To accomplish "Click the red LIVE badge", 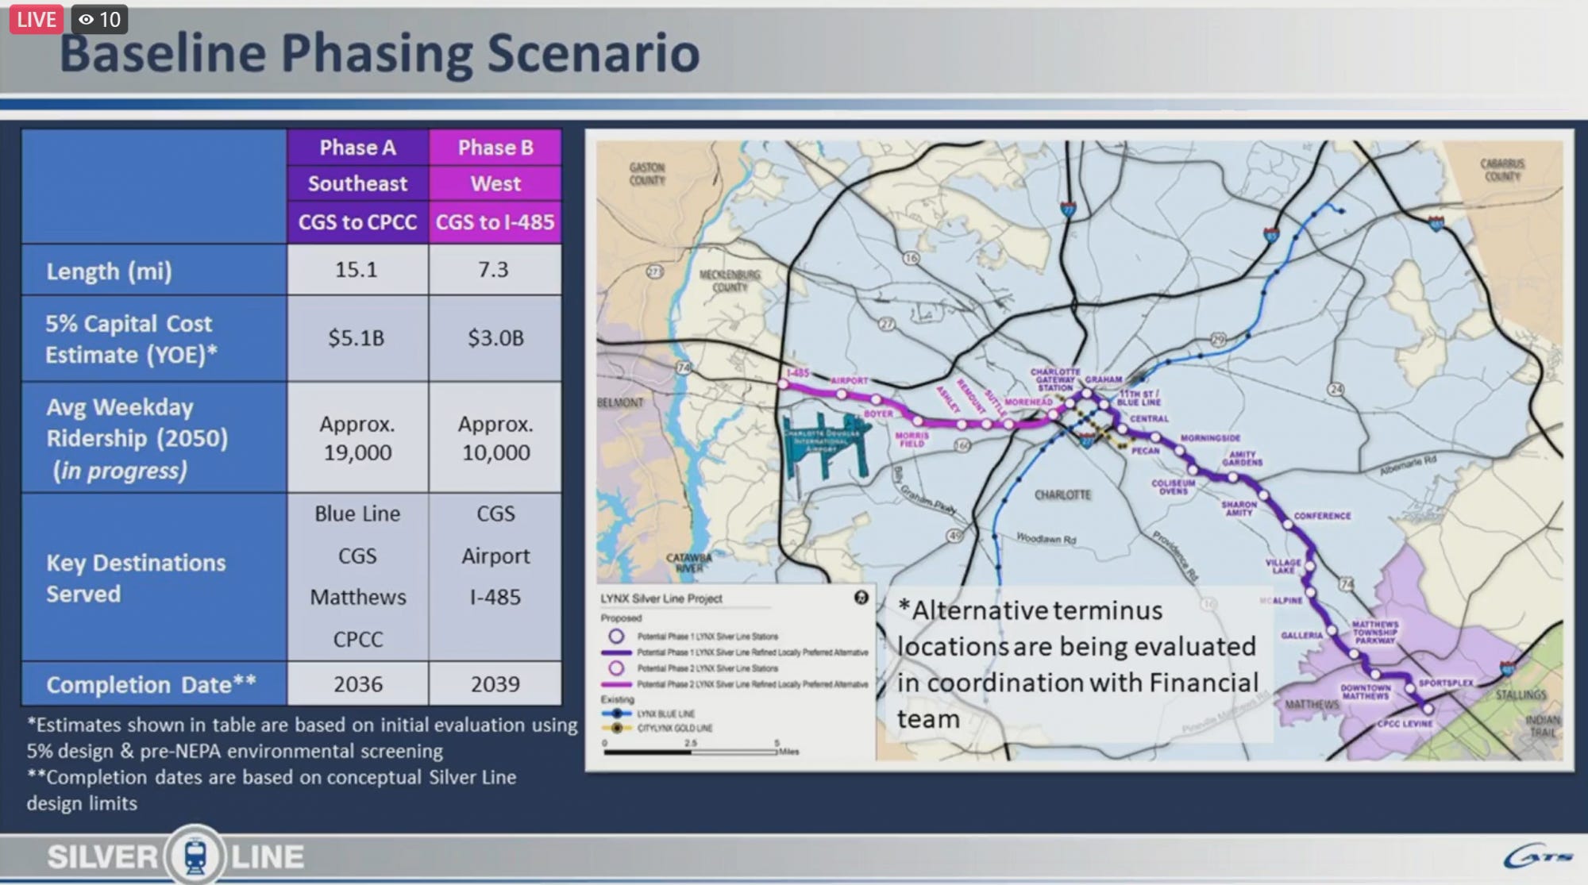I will [x=37, y=19].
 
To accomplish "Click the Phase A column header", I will [x=357, y=148].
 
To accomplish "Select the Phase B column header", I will [x=495, y=148].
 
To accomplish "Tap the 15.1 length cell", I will [x=357, y=270].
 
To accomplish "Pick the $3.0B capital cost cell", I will [x=495, y=338].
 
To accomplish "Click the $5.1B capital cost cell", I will [x=357, y=338].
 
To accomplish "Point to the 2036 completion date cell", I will [x=358, y=684].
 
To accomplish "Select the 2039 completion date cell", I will [x=495, y=684].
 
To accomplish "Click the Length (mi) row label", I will [x=109, y=271].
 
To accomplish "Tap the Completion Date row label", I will [x=151, y=685].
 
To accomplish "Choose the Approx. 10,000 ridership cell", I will [x=495, y=438].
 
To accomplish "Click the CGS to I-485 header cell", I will [x=495, y=222].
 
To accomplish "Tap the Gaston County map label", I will [x=647, y=174].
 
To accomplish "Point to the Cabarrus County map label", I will [x=1502, y=169].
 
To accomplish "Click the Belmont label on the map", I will [x=620, y=402].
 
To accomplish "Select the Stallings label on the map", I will [x=1521, y=695].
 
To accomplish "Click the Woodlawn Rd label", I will [x=1046, y=539].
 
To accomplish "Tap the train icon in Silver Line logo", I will [x=195, y=856].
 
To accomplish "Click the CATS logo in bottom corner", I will [x=1538, y=857].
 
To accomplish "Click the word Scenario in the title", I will [x=593, y=53].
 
